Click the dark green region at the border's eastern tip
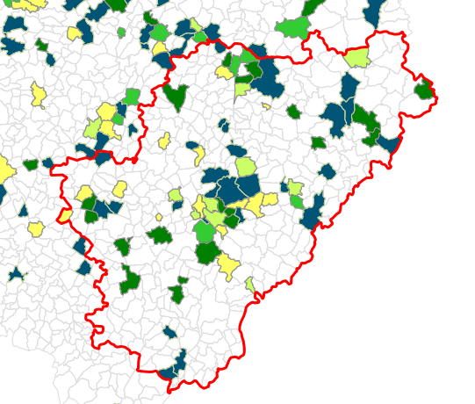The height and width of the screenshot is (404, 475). tap(425, 89)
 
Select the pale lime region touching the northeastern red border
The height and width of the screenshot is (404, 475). tap(356, 58)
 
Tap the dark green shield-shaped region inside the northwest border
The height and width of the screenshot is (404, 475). tap(175, 95)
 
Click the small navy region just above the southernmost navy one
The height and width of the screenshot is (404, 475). tap(169, 332)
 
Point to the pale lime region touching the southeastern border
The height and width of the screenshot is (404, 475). tap(250, 285)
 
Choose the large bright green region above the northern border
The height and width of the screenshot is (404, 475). tap(292, 27)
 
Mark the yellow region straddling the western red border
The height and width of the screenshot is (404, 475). tap(66, 215)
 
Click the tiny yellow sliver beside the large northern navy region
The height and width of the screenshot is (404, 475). tap(266, 106)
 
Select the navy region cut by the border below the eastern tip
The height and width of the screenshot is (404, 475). tap(388, 143)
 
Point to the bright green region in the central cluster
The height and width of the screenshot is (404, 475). tap(205, 232)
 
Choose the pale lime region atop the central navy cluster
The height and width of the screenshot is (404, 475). tap(245, 166)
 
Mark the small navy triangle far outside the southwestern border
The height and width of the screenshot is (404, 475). tap(15, 274)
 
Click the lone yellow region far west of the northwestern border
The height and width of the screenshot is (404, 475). tap(38, 94)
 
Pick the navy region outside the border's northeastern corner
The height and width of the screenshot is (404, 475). tap(374, 12)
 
